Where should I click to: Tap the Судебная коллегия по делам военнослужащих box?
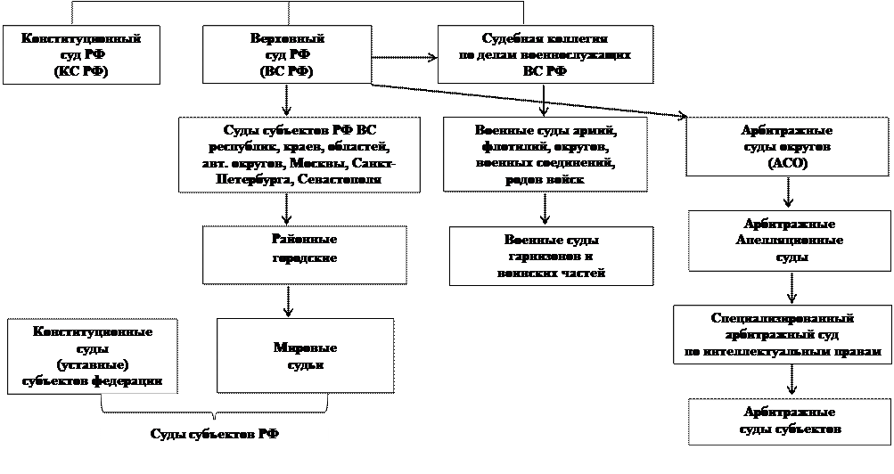(x=544, y=54)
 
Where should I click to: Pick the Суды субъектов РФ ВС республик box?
(x=299, y=154)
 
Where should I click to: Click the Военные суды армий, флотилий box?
(x=545, y=154)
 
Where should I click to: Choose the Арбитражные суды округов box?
(x=786, y=147)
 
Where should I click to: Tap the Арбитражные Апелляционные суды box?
(x=788, y=241)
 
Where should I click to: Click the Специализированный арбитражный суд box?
(x=783, y=335)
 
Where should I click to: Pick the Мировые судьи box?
(x=305, y=355)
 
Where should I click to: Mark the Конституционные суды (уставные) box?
(x=92, y=356)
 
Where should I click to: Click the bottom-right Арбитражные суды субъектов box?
(x=788, y=420)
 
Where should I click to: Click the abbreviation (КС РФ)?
(x=80, y=71)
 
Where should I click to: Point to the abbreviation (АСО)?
(x=786, y=163)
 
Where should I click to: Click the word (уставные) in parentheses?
(x=92, y=364)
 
